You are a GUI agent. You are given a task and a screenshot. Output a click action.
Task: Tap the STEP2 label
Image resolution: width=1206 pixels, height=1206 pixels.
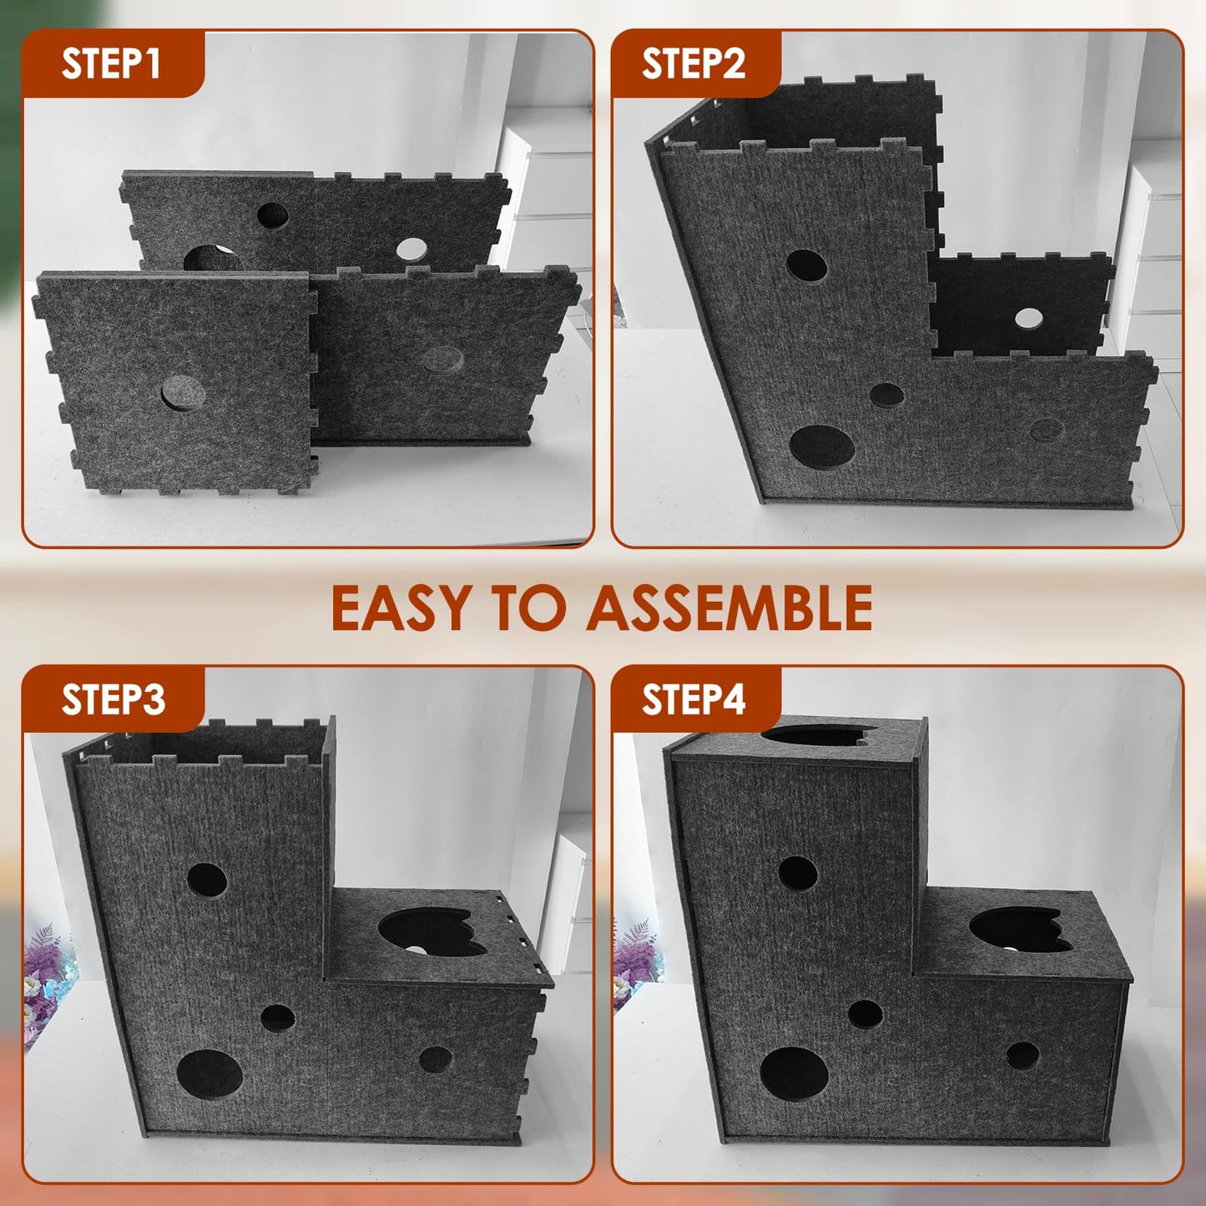[693, 63]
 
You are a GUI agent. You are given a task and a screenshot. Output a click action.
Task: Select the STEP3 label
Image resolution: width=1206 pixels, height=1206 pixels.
[113, 699]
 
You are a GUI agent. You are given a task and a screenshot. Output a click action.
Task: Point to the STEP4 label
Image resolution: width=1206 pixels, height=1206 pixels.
[693, 699]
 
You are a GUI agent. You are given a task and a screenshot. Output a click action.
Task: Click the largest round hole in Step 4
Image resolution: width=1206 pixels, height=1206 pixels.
[794, 1073]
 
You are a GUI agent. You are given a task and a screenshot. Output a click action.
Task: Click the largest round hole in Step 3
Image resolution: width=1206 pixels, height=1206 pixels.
[209, 1075]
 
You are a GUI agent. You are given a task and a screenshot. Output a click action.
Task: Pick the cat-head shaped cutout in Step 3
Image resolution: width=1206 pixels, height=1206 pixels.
[430, 932]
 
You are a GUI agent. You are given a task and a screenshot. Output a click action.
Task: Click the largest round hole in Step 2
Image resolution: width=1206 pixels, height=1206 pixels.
[822, 447]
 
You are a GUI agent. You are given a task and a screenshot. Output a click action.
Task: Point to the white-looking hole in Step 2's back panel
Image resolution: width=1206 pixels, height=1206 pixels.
[1028, 318]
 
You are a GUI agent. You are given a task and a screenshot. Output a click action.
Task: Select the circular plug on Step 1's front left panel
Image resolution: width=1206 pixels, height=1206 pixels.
[182, 393]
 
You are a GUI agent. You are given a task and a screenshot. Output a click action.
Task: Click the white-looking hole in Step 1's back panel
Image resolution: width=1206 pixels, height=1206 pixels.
[411, 249]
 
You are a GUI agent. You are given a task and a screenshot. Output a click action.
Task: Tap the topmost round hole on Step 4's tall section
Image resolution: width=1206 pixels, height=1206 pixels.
[798, 873]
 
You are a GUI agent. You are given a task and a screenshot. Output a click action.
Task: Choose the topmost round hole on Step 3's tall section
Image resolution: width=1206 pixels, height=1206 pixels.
[207, 880]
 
